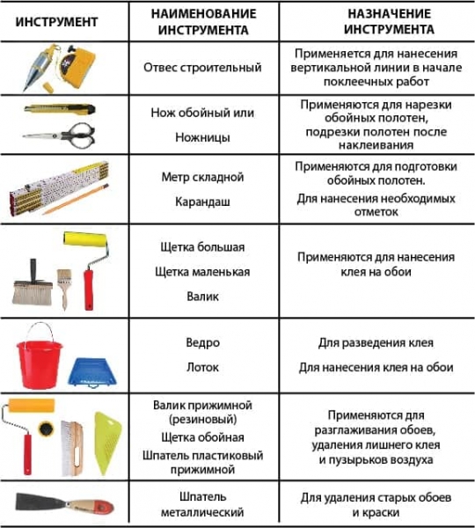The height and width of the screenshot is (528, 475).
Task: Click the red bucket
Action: pyautogui.click(x=39, y=361)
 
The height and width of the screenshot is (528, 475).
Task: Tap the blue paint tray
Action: pyautogui.click(x=91, y=371)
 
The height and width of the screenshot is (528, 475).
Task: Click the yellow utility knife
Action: pyautogui.click(x=60, y=109)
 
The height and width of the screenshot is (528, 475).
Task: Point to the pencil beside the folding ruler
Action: pyautogui.click(x=76, y=200)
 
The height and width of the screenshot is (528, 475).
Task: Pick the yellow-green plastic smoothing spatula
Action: pyautogui.click(x=106, y=443)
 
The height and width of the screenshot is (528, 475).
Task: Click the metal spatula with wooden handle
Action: pyautogui.click(x=64, y=503)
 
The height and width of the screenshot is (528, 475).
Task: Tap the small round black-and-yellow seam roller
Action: pyautogui.click(x=46, y=429)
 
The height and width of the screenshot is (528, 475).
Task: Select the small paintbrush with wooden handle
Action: pyautogui.click(x=64, y=289)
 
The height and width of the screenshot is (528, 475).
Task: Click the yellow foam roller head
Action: pyautogui.click(x=85, y=238)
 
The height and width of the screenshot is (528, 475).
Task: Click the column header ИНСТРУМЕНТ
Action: pyautogui.click(x=56, y=22)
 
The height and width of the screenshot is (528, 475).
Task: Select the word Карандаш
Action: pyautogui.click(x=202, y=202)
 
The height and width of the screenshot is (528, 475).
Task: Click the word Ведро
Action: pyautogui.click(x=202, y=342)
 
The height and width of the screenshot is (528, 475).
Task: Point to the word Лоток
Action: pyautogui.click(x=202, y=367)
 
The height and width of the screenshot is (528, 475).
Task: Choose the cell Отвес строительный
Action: pyautogui.click(x=202, y=68)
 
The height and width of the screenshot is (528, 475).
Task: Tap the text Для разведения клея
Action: pyautogui.click(x=376, y=343)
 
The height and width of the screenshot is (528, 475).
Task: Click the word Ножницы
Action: pyautogui.click(x=202, y=137)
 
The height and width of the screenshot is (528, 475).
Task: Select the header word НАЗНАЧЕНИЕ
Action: pyautogui.click(x=389, y=14)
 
